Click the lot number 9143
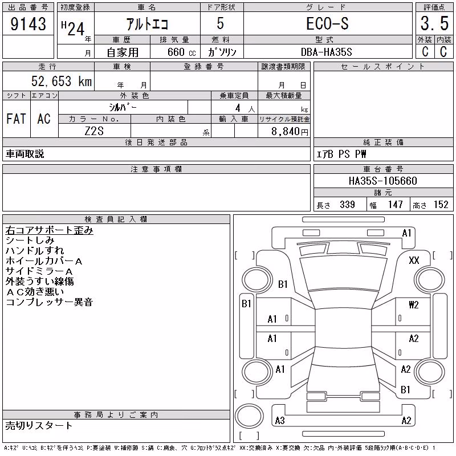(x=28, y=24)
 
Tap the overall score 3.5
(x=434, y=23)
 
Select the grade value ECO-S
(x=327, y=23)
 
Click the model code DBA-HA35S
(x=326, y=52)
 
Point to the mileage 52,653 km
(x=62, y=81)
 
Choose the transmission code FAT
(x=16, y=119)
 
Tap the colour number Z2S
(x=94, y=131)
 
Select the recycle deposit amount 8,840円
(x=290, y=132)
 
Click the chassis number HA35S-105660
(x=382, y=181)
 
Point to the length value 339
(x=347, y=205)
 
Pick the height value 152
(x=441, y=205)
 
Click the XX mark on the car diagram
(x=414, y=260)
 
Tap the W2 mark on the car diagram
(x=414, y=305)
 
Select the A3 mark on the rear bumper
(x=280, y=420)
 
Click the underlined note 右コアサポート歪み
(x=49, y=230)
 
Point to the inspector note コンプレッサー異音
(x=49, y=302)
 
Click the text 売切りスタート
(x=39, y=426)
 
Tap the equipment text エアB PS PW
(x=341, y=154)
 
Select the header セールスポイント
(x=383, y=67)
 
